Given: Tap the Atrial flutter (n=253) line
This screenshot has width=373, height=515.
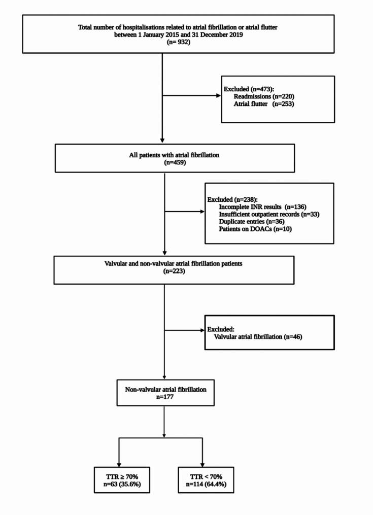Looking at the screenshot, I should click(260, 104).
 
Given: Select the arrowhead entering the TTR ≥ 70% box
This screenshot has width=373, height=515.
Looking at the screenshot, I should click(118, 462).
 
